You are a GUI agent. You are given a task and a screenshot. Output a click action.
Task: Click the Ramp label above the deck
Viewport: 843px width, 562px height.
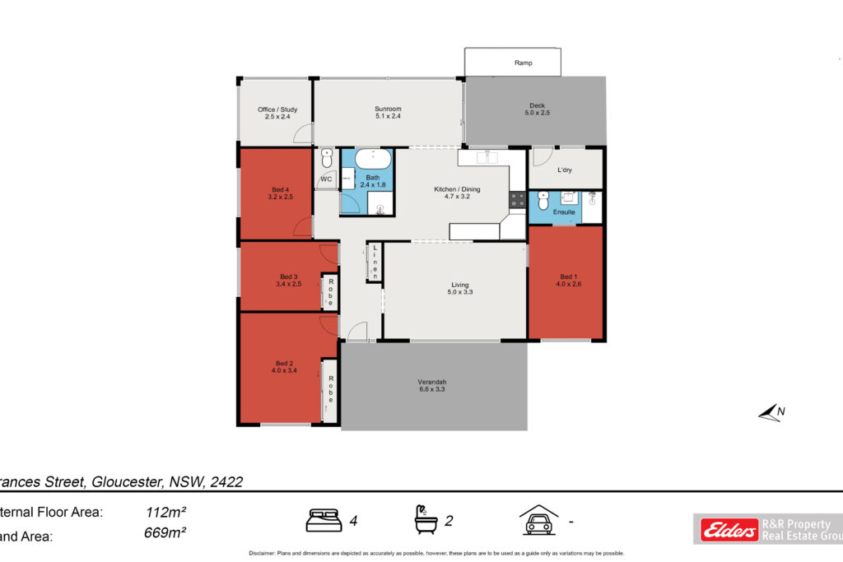click(x=523, y=63)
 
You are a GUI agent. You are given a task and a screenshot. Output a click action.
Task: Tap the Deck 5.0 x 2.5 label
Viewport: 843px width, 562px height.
click(x=537, y=109)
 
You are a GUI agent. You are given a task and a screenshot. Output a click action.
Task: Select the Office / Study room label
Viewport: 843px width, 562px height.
click(x=277, y=114)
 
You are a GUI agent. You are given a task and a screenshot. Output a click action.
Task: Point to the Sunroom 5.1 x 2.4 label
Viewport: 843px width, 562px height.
click(x=387, y=113)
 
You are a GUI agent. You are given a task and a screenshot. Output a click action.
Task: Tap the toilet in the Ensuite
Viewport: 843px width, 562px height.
click(x=543, y=200)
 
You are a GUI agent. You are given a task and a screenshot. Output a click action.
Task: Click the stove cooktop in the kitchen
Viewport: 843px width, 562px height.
click(x=518, y=199)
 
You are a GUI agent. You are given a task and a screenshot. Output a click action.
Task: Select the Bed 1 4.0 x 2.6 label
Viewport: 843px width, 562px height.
click(x=568, y=281)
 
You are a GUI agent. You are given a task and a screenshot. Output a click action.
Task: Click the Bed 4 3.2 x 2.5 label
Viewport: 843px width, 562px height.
click(x=280, y=193)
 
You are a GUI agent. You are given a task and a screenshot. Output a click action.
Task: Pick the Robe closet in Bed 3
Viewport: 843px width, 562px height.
click(x=330, y=291)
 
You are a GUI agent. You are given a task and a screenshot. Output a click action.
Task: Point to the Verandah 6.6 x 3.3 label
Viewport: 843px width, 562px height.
click(x=432, y=386)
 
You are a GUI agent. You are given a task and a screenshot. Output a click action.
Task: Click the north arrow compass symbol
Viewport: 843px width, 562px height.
click(x=771, y=412)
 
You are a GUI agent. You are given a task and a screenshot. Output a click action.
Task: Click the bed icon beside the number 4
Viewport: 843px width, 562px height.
click(x=324, y=520)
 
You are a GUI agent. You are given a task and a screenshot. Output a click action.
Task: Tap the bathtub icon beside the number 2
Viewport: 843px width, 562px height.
click(x=426, y=519)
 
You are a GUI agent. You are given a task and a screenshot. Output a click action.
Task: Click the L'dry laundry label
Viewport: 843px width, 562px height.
click(x=565, y=170)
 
